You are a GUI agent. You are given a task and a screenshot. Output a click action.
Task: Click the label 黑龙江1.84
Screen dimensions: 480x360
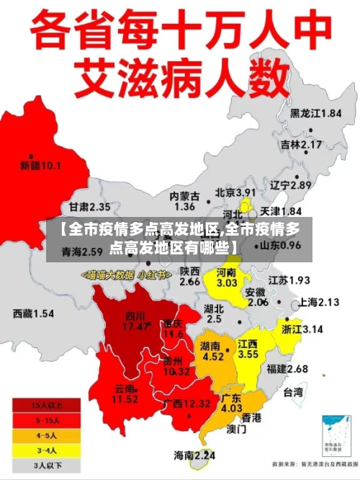click(315, 113)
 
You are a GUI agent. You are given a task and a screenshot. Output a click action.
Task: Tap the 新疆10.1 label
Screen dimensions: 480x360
click(40, 165)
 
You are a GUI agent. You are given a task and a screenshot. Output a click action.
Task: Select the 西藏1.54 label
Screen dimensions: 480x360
click(34, 314)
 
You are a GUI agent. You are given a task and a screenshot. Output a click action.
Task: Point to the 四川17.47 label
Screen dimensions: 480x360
click(135, 321)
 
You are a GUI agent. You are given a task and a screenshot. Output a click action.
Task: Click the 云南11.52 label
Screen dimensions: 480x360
click(125, 394)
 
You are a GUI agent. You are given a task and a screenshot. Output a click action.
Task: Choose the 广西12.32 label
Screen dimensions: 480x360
click(187, 403)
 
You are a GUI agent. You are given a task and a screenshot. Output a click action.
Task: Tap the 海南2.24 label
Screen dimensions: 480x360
click(194, 455)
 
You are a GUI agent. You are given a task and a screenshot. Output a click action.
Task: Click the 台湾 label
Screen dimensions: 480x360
click(292, 393)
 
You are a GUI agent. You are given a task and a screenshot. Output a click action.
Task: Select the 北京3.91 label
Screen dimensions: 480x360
click(235, 192)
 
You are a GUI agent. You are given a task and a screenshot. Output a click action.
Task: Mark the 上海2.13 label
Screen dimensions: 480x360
click(318, 302)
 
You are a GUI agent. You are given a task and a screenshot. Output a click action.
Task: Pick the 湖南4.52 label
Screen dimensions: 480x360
click(212, 350)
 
